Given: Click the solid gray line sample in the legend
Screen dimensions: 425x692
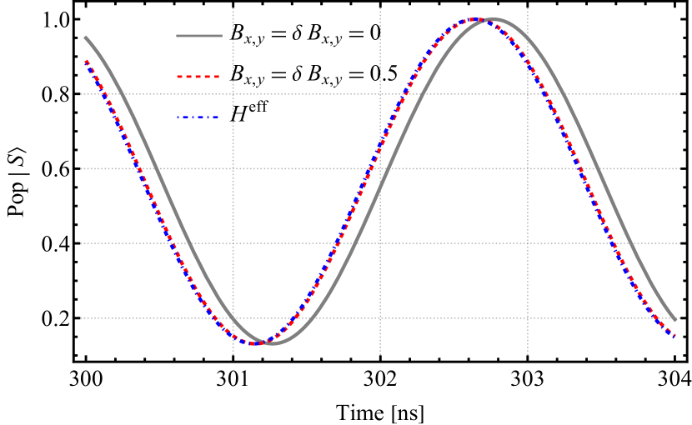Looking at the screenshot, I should coord(199,36).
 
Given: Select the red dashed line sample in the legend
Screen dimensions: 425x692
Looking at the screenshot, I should coord(199,77).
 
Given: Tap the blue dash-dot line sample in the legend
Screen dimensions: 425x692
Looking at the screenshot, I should coord(199,117).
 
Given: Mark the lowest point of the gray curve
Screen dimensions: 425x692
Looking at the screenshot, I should coord(273,342).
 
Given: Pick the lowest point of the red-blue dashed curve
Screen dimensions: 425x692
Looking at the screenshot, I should coord(254,342).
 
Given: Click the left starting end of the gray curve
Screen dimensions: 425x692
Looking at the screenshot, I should coord(85,37).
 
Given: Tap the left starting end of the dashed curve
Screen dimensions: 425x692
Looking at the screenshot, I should coord(85,60).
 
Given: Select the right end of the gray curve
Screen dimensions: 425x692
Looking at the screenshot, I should coord(675,320).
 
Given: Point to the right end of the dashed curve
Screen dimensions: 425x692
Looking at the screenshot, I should coord(675,337).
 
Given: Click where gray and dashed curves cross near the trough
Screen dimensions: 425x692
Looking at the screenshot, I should coord(263,342).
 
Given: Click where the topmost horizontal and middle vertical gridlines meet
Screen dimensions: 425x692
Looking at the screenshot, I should coord(380,94).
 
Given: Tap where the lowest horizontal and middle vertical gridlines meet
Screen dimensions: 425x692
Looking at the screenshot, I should coord(380,318).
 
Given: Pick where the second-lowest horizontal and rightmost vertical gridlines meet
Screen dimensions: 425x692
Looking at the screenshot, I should coord(528,243).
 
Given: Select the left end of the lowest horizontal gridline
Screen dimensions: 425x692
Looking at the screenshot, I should coord(81,318).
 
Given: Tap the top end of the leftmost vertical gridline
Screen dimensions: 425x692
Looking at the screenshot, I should coord(233,8).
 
